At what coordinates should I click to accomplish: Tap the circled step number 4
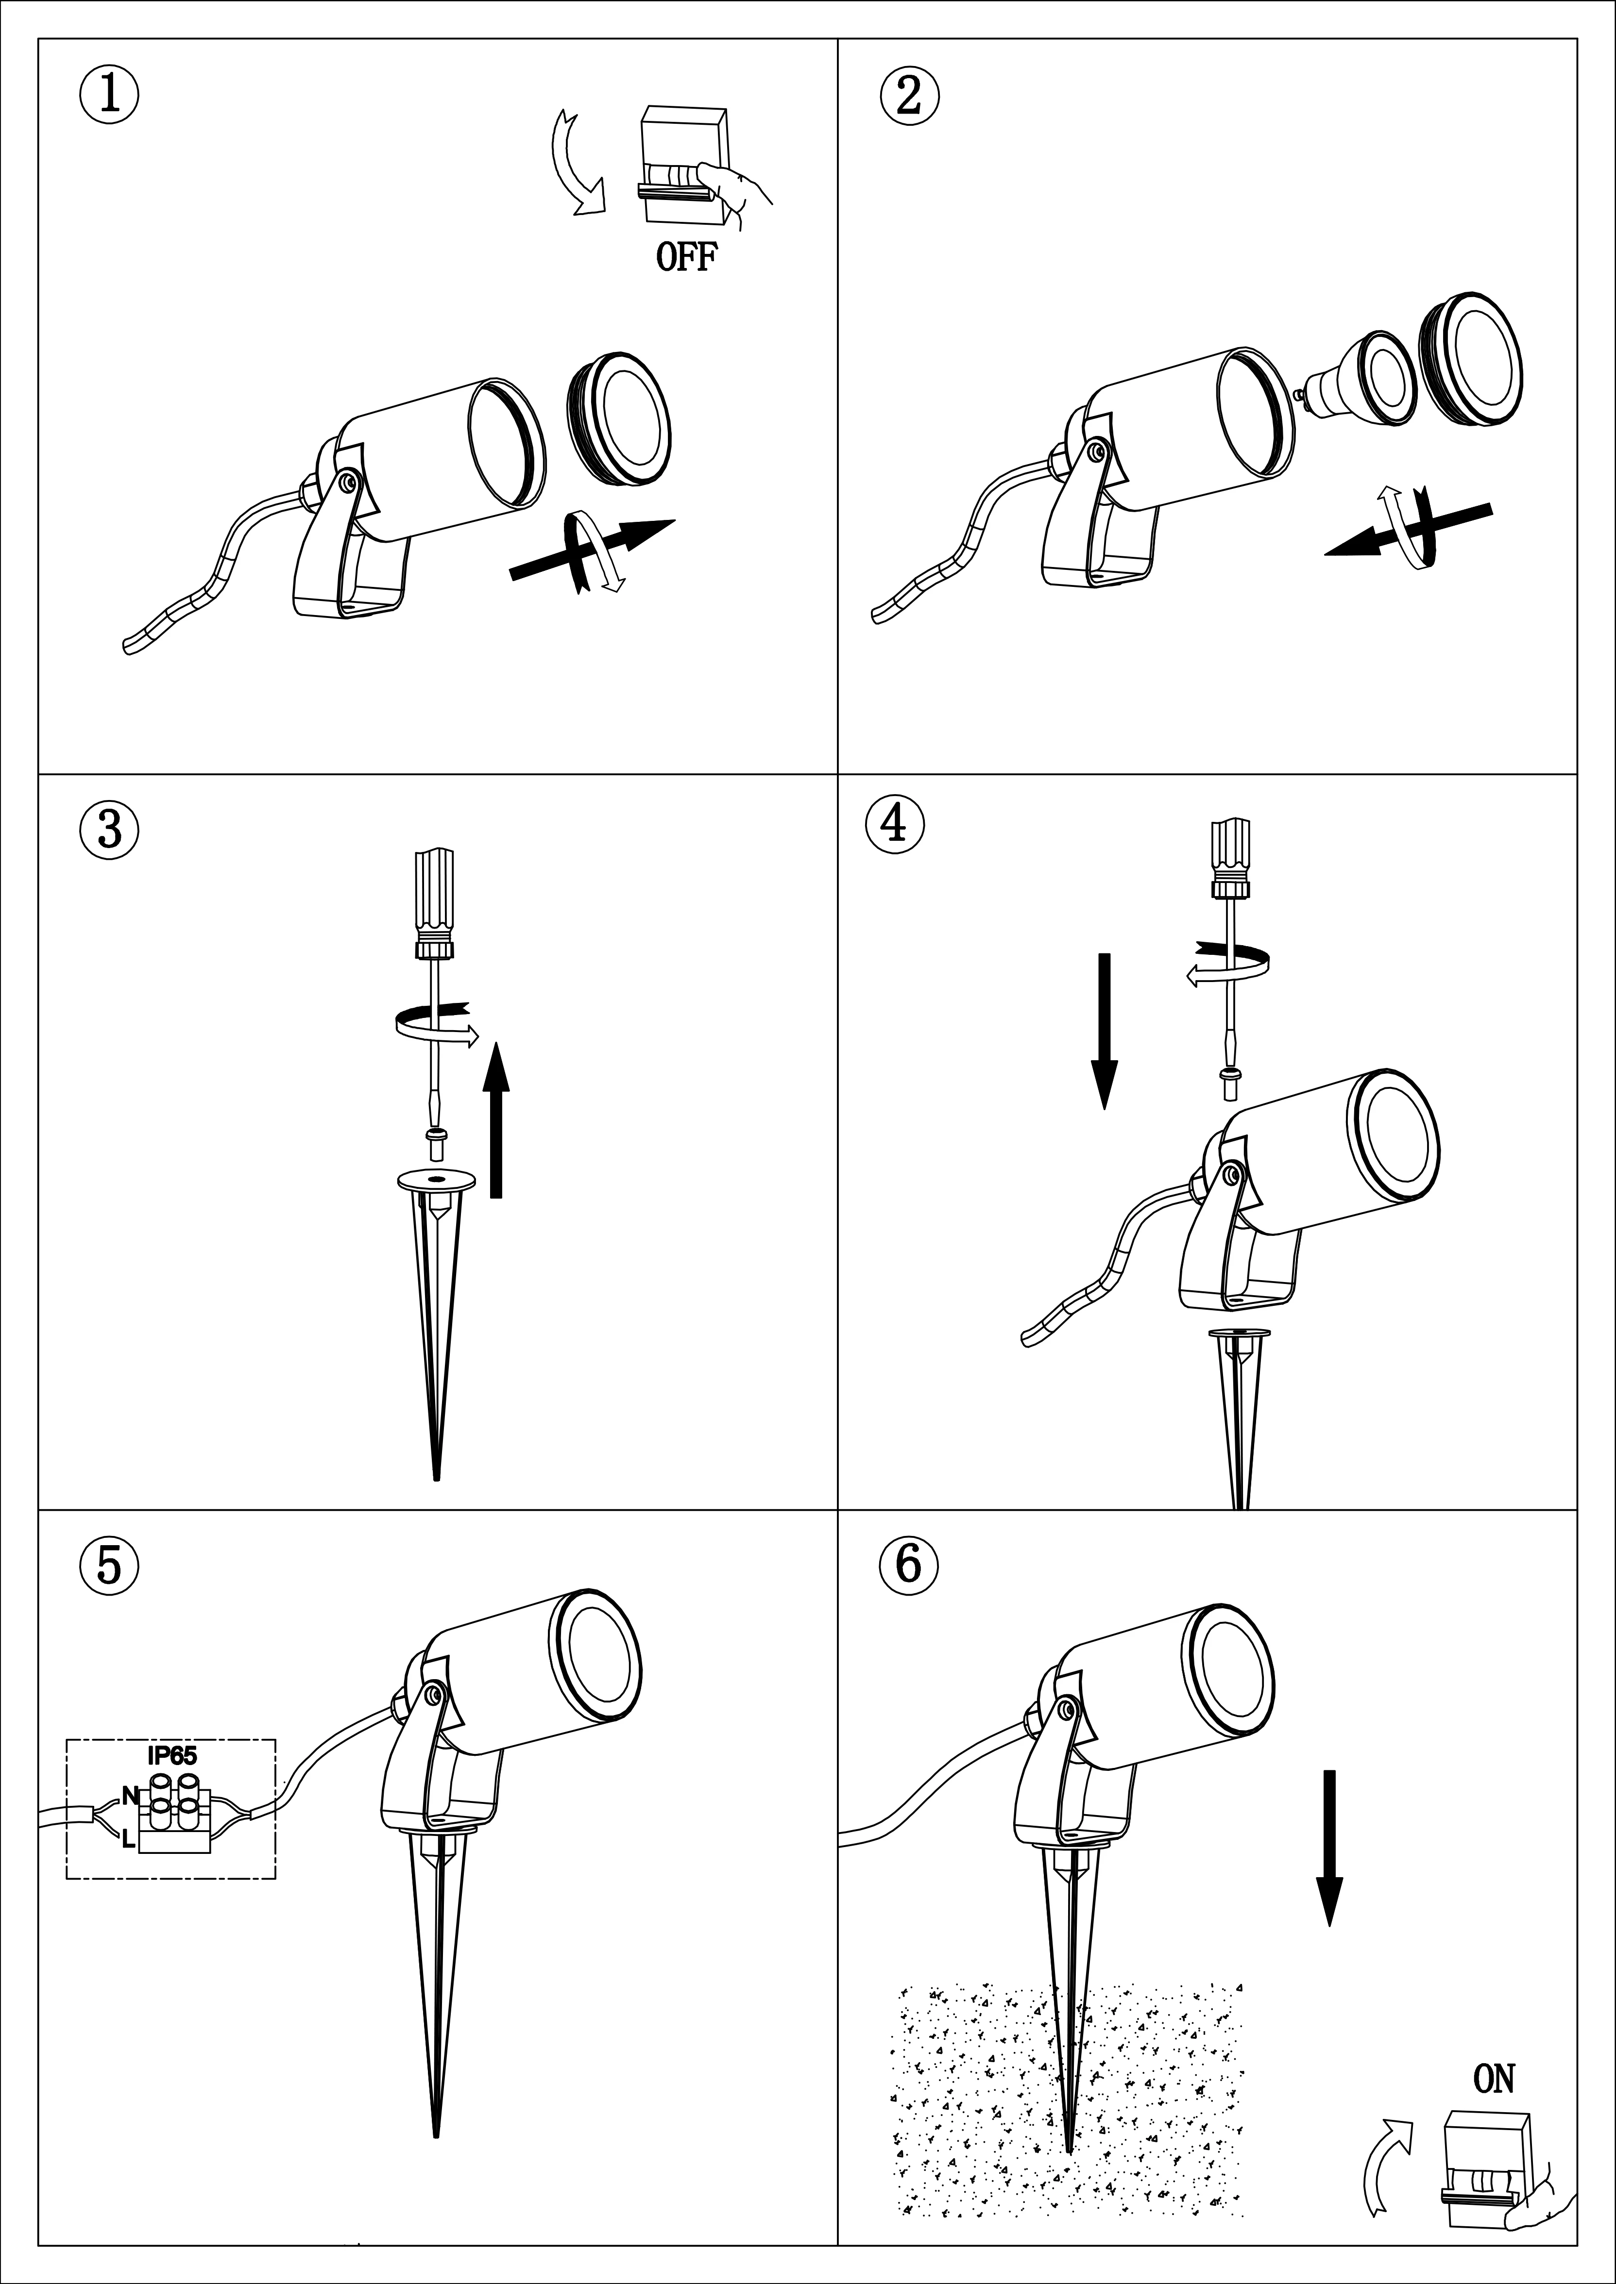[x=897, y=823]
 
